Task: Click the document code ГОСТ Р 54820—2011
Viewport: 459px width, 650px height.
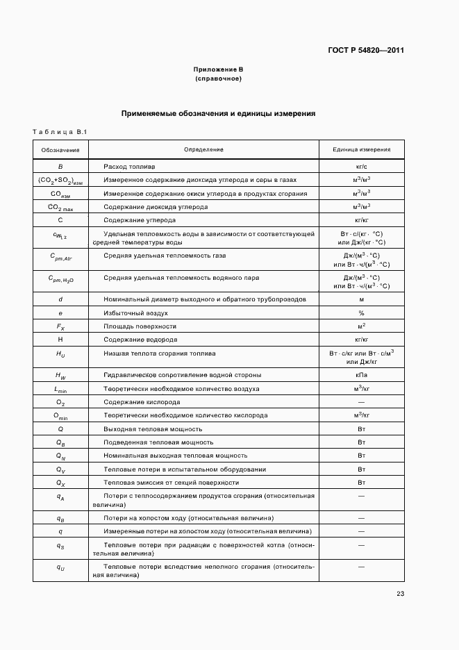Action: coord(366,50)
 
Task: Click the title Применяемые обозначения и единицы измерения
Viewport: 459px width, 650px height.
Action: coord(219,112)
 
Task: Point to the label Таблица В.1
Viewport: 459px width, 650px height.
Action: coord(58,131)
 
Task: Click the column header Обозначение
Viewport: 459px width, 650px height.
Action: coord(60,149)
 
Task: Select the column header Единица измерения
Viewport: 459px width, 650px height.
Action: coord(361,149)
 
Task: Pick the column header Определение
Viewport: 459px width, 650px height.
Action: coord(203,149)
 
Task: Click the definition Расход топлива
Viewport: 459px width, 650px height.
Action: coord(130,167)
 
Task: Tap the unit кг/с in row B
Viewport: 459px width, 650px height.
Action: coord(361,167)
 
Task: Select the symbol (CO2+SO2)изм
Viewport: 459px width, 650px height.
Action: coord(60,181)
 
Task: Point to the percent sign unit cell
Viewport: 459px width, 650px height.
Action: coord(361,313)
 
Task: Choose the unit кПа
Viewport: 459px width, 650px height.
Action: coord(361,375)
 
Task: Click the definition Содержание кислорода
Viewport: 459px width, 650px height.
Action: coord(142,402)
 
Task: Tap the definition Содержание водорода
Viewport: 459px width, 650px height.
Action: coord(140,340)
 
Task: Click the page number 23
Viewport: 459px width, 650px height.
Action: coord(400,593)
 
